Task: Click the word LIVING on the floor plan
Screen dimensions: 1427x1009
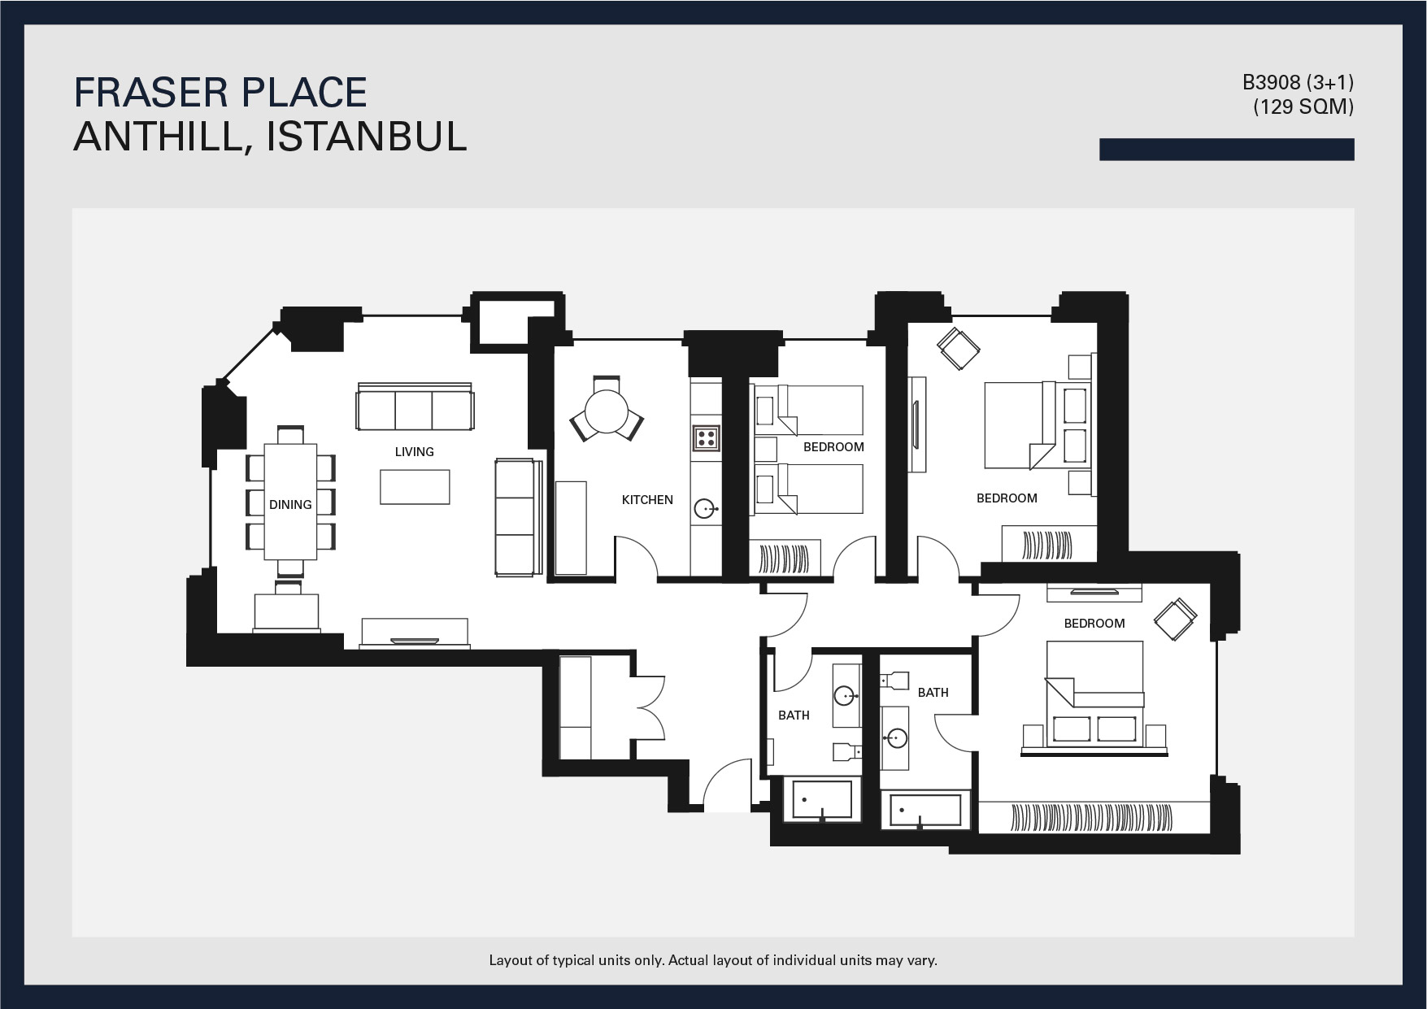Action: click(x=414, y=452)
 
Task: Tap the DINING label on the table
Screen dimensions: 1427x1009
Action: click(x=290, y=505)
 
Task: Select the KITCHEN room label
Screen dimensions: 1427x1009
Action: click(x=647, y=500)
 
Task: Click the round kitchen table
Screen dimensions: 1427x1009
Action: click(x=607, y=413)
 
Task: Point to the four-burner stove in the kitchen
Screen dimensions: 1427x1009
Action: click(x=706, y=438)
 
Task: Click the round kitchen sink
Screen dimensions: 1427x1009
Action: click(x=705, y=509)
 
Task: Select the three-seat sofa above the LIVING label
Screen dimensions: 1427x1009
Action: click(x=415, y=406)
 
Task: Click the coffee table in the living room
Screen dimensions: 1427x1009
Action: click(x=415, y=487)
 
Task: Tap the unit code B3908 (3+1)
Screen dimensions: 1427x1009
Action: click(x=1298, y=83)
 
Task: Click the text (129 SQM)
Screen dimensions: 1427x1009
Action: click(x=1303, y=107)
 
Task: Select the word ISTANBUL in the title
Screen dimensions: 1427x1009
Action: click(x=367, y=136)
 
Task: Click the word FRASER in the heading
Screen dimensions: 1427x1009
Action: click(x=157, y=93)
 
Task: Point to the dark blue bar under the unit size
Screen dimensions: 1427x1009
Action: click(x=1227, y=150)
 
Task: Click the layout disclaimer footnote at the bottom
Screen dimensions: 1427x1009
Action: click(x=713, y=960)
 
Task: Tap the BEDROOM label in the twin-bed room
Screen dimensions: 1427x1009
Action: click(x=833, y=447)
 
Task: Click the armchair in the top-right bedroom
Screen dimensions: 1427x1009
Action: click(x=959, y=349)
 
